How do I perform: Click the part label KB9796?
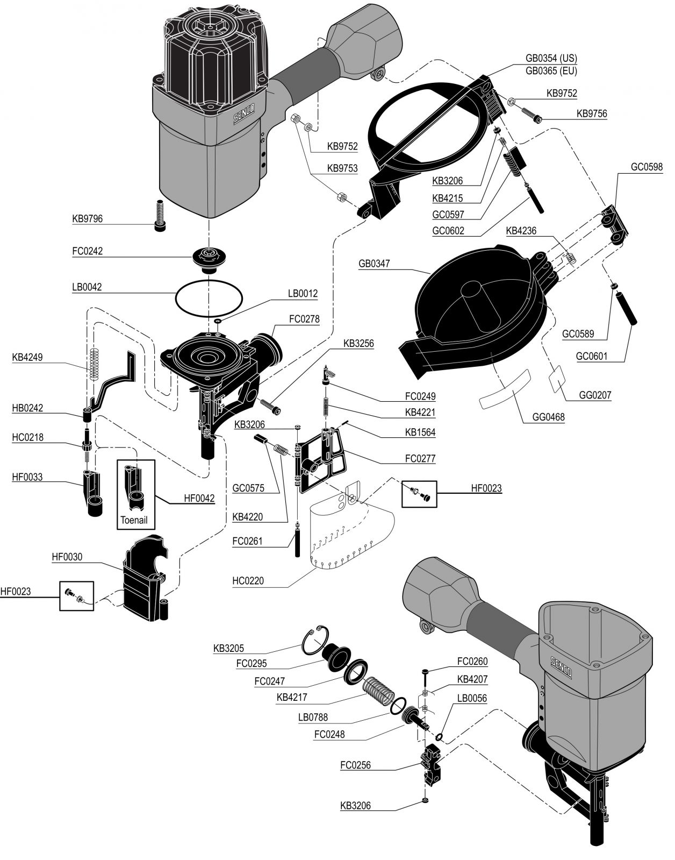87,219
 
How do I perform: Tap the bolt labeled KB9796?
160,215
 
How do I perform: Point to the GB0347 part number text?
374,263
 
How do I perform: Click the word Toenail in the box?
134,520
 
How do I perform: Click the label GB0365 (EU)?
551,71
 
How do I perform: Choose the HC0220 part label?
248,580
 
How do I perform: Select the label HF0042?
199,498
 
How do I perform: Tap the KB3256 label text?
358,343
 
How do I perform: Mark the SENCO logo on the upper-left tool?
244,113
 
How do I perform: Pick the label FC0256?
355,765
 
